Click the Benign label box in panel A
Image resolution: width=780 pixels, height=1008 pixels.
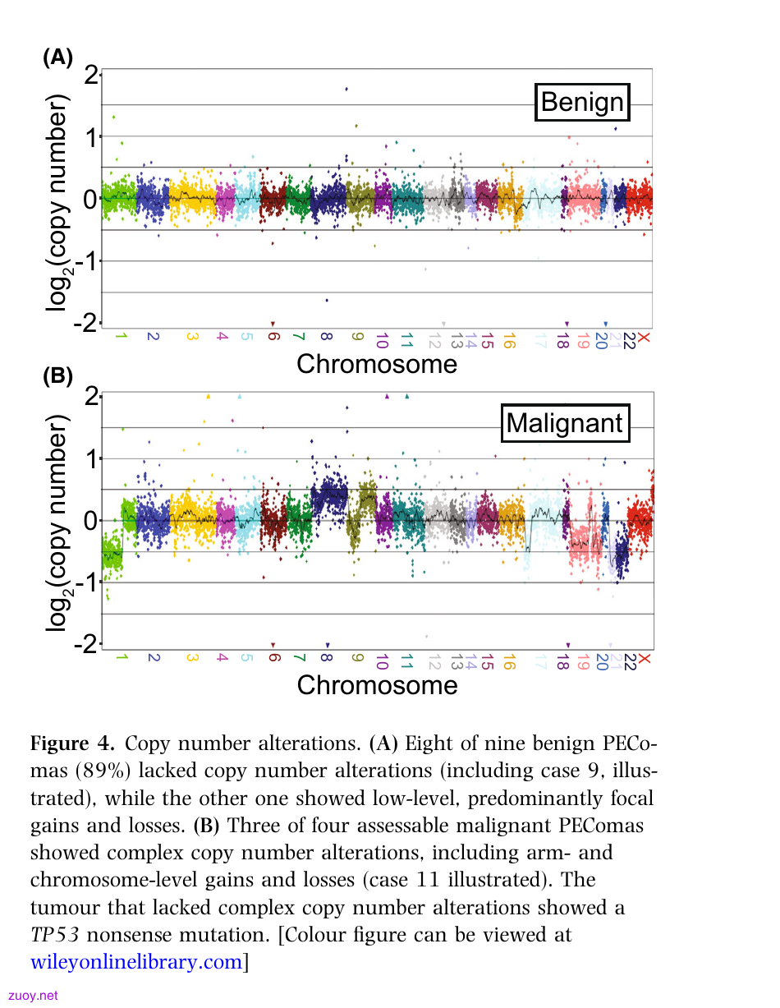click(582, 102)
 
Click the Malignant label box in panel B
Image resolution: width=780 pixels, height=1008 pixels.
click(565, 423)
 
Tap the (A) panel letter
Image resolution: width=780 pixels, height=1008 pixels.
click(58, 58)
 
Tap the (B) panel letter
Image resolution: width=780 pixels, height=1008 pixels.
click(58, 375)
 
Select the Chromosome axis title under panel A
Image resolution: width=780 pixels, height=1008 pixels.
click(377, 364)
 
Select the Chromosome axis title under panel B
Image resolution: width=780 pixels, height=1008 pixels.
click(377, 685)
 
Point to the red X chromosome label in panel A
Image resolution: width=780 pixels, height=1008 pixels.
click(644, 338)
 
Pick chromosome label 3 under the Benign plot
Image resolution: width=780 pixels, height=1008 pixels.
click(192, 336)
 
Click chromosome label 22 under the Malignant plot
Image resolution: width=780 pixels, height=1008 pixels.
click(630, 662)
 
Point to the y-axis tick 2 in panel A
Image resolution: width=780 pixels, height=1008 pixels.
click(91, 75)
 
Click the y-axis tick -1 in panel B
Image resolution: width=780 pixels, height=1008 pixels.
click(87, 582)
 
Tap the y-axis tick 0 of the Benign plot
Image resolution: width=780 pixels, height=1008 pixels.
click(90, 199)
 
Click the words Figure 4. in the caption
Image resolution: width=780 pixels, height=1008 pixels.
click(72, 743)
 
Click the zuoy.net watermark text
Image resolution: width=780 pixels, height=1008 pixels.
click(33, 996)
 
